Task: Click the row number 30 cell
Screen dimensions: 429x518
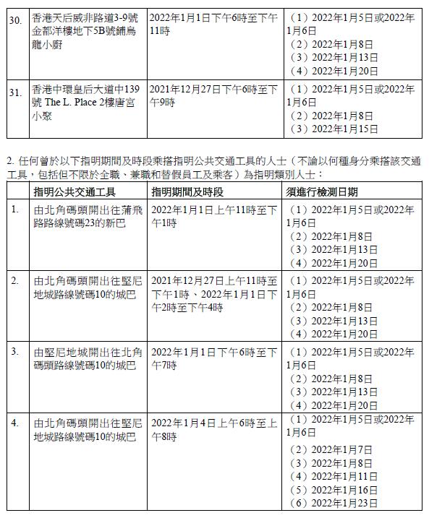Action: (16, 17)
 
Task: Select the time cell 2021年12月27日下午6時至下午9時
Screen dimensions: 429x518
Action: (213, 95)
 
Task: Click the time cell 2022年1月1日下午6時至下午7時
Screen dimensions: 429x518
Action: (214, 358)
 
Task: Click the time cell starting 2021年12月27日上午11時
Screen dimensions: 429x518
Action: (214, 293)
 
